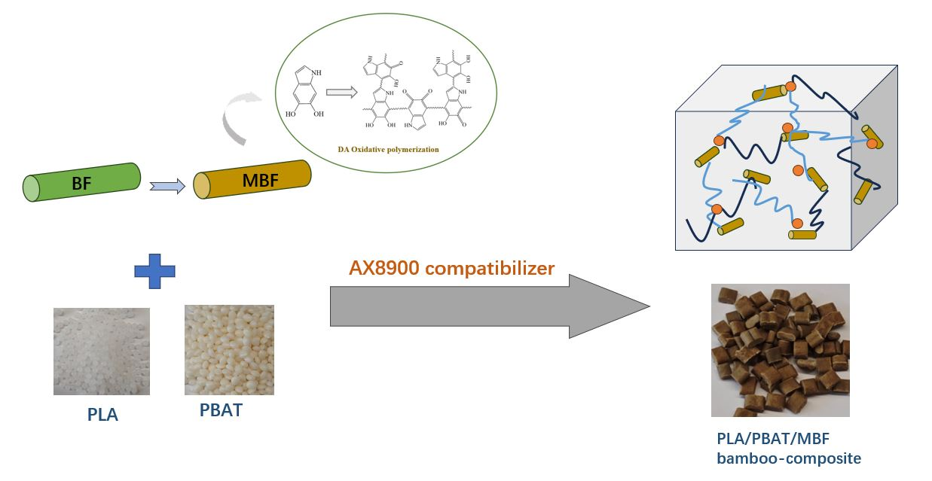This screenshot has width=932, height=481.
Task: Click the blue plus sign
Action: tap(154, 270)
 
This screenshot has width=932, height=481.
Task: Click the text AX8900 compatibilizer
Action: tap(451, 268)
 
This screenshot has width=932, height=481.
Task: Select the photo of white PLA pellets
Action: tap(101, 351)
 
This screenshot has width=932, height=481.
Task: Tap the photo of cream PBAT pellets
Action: tap(229, 351)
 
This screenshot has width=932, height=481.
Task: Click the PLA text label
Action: tap(102, 414)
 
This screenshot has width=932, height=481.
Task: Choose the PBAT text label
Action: tap(221, 411)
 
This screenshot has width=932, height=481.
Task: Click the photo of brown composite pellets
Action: tap(780, 350)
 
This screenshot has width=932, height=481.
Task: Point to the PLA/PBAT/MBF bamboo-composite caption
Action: tap(788, 447)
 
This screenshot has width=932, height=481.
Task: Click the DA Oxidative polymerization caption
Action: tap(388, 149)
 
